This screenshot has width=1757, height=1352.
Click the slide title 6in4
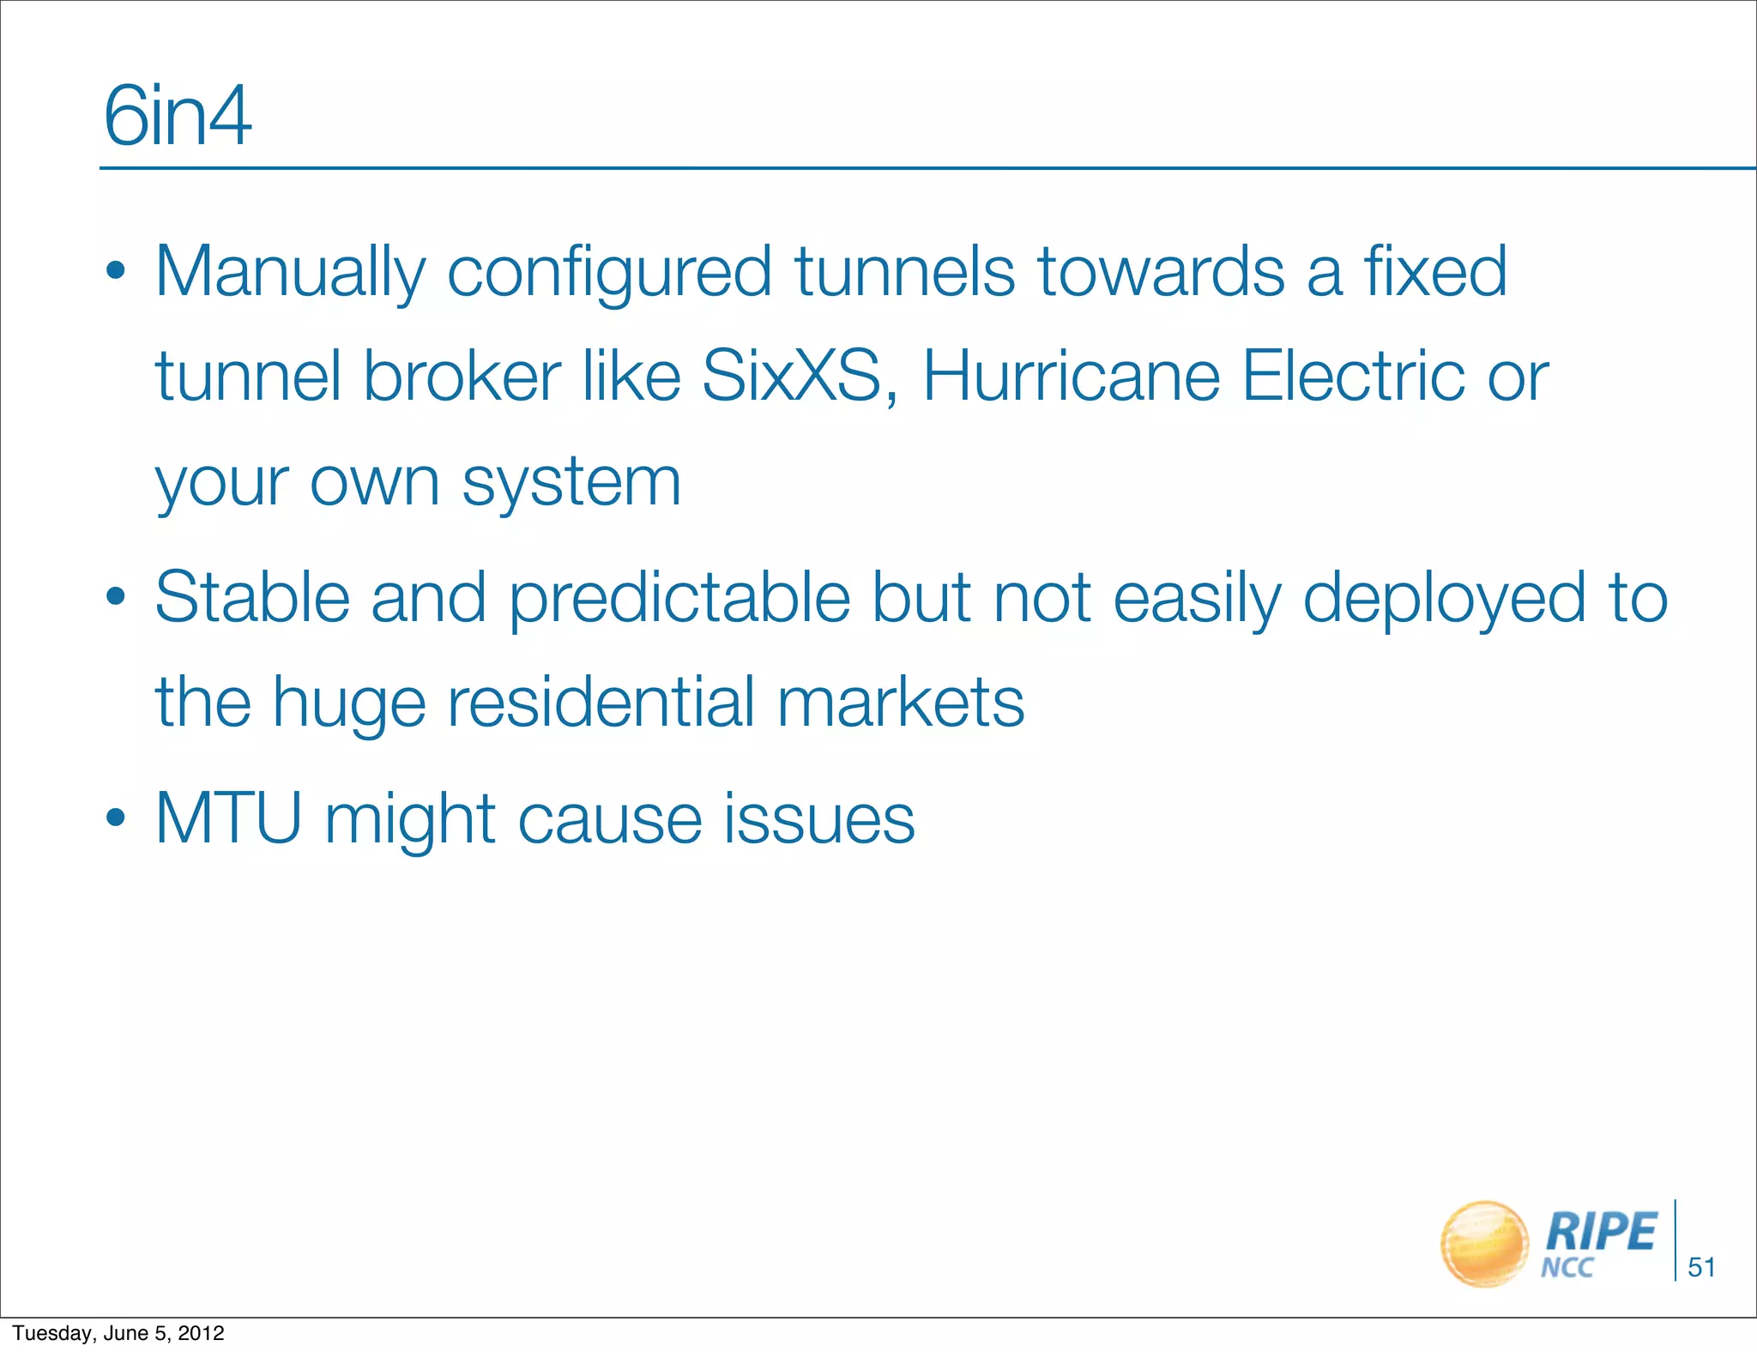pyautogui.click(x=178, y=117)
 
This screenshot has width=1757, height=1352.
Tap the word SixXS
pyautogui.click(x=792, y=377)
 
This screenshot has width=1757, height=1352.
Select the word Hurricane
pyautogui.click(x=1071, y=377)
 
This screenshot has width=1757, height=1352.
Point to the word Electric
pyautogui.click(x=1355, y=377)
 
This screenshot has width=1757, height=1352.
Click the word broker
pyautogui.click(x=462, y=377)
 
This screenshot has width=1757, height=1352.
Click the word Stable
pyautogui.click(x=252, y=598)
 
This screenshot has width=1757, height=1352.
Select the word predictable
pyautogui.click(x=679, y=600)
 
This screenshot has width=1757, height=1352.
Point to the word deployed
pyautogui.click(x=1444, y=600)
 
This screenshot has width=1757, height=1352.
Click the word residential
pyautogui.click(x=601, y=703)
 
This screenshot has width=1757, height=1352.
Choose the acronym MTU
pyautogui.click(x=228, y=819)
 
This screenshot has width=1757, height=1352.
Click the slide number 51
pyautogui.click(x=1701, y=1267)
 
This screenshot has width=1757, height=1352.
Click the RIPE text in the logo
pyautogui.click(x=1601, y=1232)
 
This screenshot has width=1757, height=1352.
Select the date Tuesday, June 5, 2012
pyautogui.click(x=118, y=1333)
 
